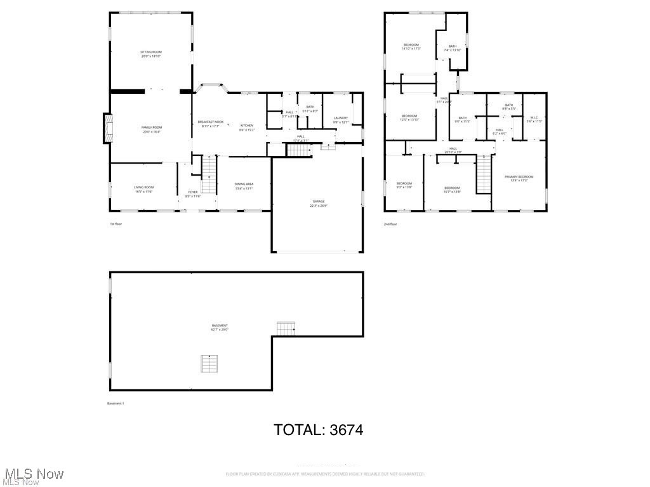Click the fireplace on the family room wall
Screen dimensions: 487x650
coord(108,128)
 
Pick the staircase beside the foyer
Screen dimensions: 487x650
coord(210,169)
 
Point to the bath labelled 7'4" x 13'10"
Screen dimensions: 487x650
coord(452,48)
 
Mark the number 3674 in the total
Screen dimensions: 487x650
coord(346,430)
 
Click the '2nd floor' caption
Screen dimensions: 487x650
coord(390,224)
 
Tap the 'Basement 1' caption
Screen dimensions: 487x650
coord(116,403)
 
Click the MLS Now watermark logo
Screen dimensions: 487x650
coord(33,476)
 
